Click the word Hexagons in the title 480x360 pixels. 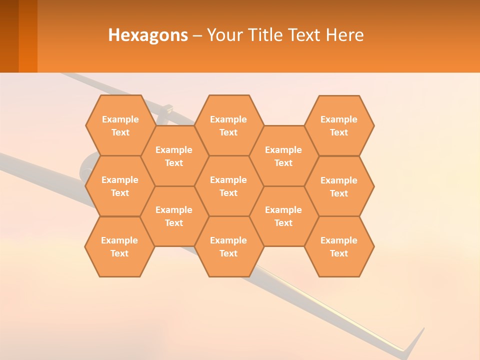coord(148,35)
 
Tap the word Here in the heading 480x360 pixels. coord(345,35)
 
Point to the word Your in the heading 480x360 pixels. coord(224,35)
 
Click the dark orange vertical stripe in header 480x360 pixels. coord(28,36)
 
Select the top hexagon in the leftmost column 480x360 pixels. coord(120,125)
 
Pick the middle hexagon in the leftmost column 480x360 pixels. coord(120,186)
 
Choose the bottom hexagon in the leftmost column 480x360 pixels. coord(119,246)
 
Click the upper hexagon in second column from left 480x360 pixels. coord(174,156)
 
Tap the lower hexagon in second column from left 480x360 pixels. coord(174,216)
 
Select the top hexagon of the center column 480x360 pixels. coord(228,125)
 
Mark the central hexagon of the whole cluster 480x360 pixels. coord(228,186)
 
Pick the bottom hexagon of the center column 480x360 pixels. coord(228,246)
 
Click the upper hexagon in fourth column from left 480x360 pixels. coord(283,156)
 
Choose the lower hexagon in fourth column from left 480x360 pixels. coord(283,216)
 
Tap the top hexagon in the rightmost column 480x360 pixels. coord(339,125)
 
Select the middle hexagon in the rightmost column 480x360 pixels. coord(339,186)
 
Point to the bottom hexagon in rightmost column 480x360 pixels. coord(339,246)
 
